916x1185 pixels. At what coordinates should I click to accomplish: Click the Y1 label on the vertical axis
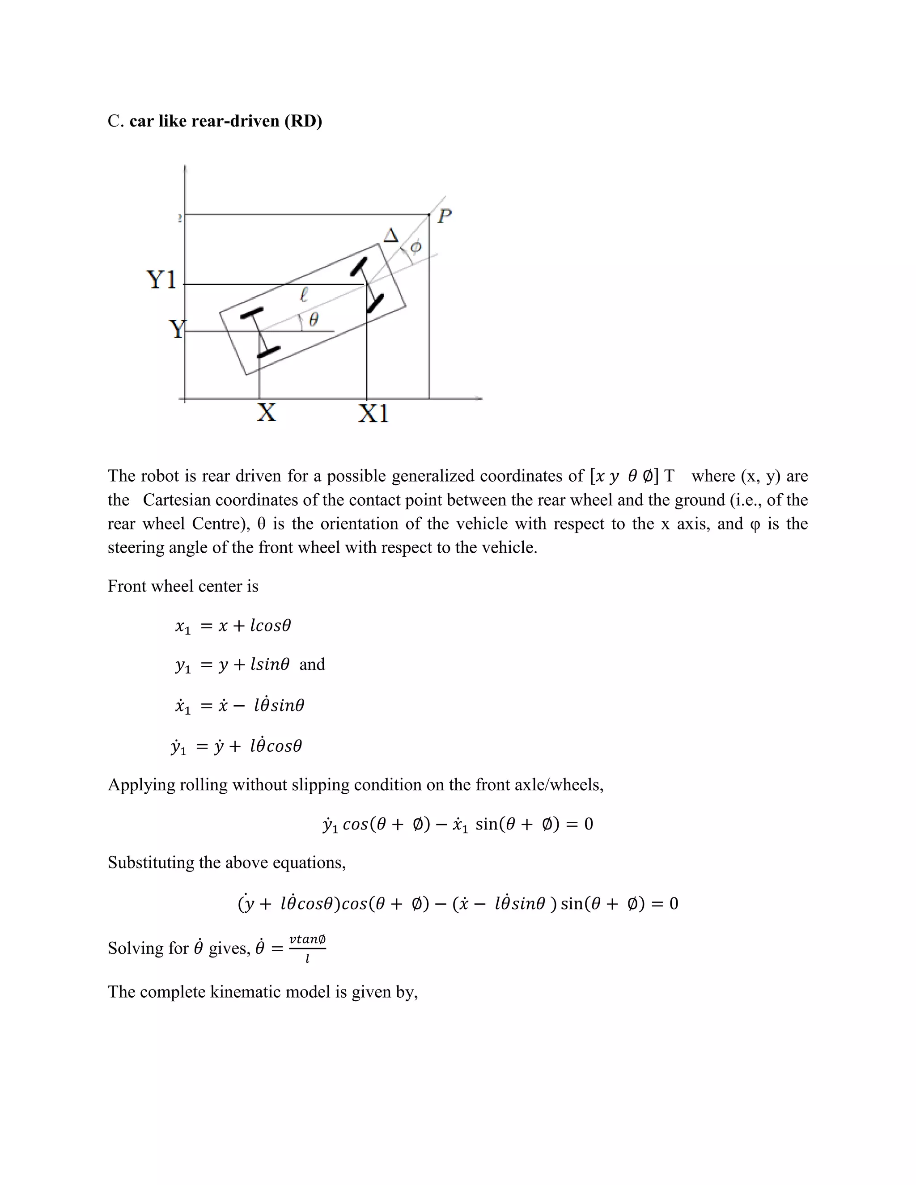(x=162, y=280)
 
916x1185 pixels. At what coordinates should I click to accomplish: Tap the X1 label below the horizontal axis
(x=373, y=414)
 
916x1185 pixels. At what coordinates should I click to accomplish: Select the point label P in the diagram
(x=445, y=216)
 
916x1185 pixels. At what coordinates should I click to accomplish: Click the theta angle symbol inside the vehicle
(x=313, y=320)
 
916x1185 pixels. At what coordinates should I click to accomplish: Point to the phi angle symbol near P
(x=416, y=247)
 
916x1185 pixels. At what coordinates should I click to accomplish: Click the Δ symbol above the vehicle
(x=391, y=236)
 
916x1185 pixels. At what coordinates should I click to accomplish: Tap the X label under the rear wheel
(x=266, y=412)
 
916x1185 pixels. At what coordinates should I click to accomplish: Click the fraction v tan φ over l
(x=307, y=948)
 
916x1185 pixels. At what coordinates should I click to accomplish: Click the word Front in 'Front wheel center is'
(x=122, y=586)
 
